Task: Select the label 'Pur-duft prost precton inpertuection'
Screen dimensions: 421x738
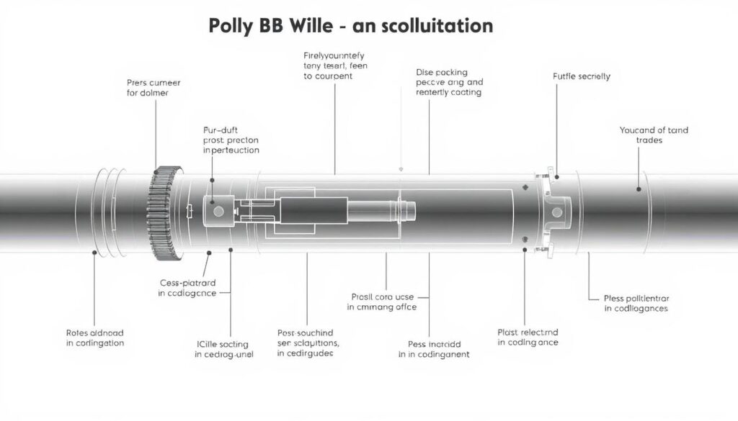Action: tap(231, 140)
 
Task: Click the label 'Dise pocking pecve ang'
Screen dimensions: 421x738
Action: tap(449, 82)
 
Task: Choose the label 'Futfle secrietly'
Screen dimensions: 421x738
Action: tap(582, 76)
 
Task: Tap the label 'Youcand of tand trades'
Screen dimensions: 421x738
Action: tap(654, 135)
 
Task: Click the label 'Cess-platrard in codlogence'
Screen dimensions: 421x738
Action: tap(187, 288)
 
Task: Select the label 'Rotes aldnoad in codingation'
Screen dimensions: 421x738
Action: tap(94, 338)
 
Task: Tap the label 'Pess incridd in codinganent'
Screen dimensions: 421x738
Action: tap(433, 349)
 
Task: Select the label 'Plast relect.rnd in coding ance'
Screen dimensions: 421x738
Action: tap(528, 337)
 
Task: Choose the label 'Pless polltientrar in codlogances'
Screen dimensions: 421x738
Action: tap(636, 303)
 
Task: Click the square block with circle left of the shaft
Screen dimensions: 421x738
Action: tap(217, 209)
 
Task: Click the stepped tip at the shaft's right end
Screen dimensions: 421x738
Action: tap(406, 210)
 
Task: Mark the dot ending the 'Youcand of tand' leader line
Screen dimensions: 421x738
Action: tap(639, 189)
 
